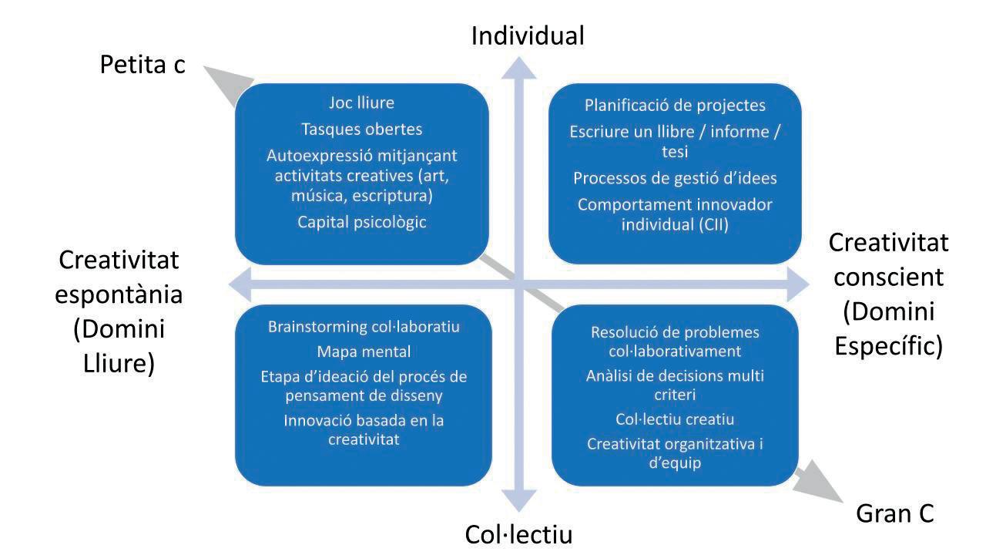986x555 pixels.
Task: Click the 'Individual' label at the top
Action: click(x=528, y=35)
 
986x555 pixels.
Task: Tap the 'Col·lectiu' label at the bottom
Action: click(x=518, y=534)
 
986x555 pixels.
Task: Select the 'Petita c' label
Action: click(x=143, y=65)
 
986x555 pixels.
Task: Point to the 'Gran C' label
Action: click(x=895, y=513)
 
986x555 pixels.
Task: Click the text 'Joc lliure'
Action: click(x=361, y=103)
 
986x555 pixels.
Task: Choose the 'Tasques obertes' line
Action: click(x=361, y=129)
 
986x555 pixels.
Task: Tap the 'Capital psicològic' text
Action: click(x=361, y=222)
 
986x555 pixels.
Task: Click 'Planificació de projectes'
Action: click(x=675, y=106)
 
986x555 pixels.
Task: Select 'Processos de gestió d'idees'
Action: click(x=675, y=178)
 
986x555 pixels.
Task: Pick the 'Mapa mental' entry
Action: click(x=364, y=352)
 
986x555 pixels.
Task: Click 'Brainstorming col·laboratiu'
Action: click(x=364, y=327)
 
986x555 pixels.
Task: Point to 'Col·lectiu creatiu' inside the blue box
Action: click(x=675, y=419)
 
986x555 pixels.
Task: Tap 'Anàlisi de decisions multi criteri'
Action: click(x=675, y=385)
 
